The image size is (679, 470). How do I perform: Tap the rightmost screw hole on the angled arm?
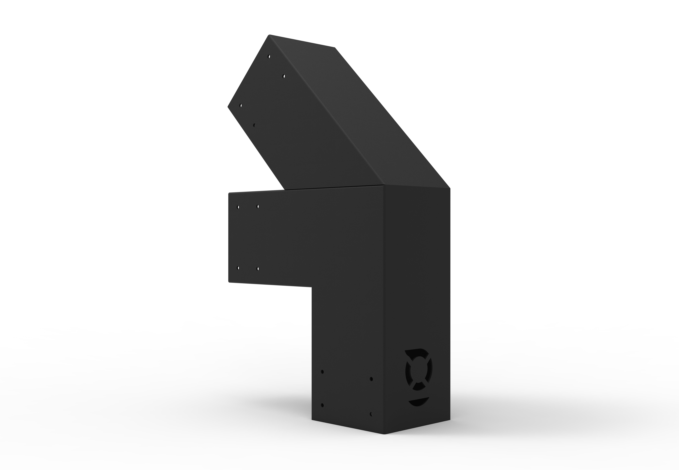[284, 76]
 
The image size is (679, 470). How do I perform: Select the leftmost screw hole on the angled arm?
[241, 105]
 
